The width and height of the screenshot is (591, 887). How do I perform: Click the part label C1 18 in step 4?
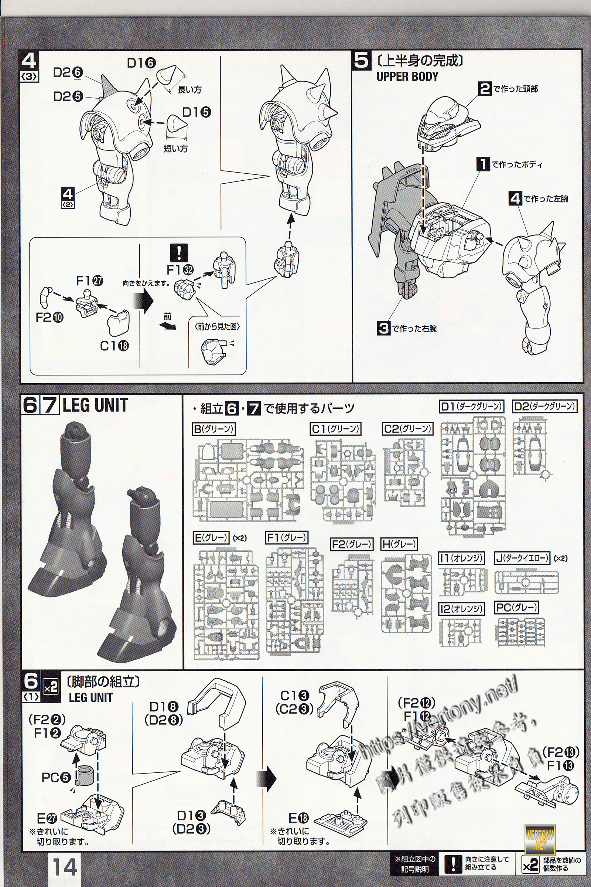[114, 345]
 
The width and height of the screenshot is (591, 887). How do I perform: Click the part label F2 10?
[49, 317]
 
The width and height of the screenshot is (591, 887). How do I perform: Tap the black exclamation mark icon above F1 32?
[179, 252]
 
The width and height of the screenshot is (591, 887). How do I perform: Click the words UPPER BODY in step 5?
[407, 76]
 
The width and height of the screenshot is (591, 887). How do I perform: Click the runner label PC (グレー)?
[517, 607]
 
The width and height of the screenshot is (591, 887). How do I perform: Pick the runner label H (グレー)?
[399, 544]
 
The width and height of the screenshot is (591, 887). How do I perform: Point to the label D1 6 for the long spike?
[141, 62]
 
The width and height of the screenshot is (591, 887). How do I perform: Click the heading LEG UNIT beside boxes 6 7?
[95, 405]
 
